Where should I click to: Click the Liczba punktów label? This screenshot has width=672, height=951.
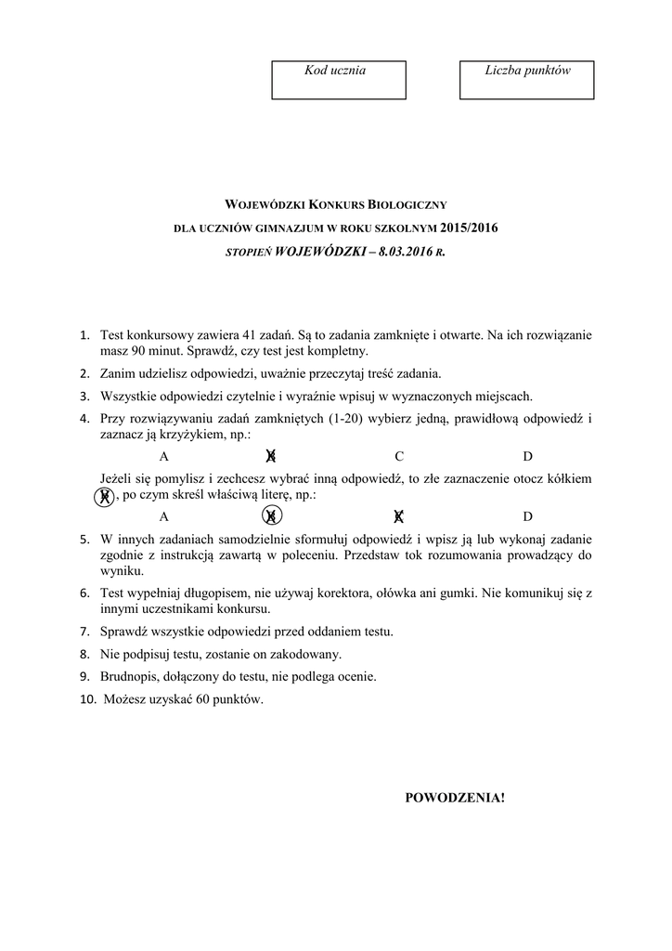pos(527,71)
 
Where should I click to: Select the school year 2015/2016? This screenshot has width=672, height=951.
pos(470,228)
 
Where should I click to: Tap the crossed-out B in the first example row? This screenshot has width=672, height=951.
pos(270,455)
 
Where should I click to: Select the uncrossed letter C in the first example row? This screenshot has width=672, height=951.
pos(399,456)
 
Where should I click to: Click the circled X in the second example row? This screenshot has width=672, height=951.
pos(271,515)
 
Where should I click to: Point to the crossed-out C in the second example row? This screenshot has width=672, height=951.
pos(399,516)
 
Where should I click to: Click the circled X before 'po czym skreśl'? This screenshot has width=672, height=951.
pos(106,496)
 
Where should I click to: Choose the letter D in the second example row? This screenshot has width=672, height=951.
pos(527,516)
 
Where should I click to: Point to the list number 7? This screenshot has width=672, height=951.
pos(84,632)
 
